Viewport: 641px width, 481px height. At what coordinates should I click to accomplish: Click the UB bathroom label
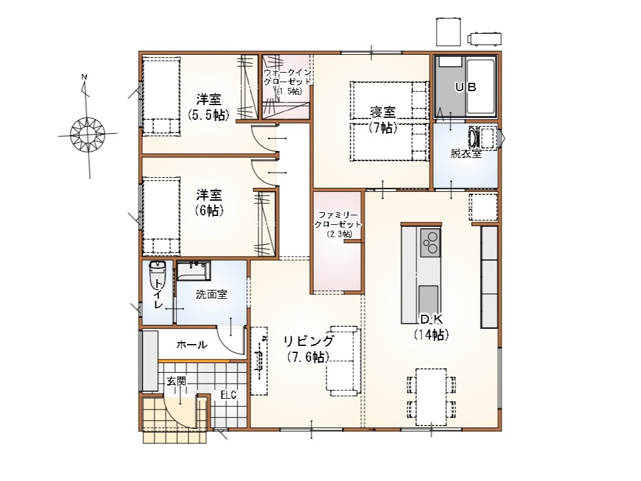point(465,87)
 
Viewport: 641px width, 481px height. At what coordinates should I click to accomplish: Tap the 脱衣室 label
point(466,154)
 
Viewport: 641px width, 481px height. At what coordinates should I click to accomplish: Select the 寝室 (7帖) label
point(383,119)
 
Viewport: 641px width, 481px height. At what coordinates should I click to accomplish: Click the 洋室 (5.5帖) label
point(209,107)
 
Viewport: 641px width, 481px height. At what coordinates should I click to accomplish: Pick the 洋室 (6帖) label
point(209,202)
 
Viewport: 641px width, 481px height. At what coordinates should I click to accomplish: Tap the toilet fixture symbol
point(157,270)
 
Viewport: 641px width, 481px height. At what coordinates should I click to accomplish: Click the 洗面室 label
point(211,294)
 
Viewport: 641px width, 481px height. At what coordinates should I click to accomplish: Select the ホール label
point(192,345)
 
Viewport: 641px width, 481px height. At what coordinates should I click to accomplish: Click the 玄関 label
point(176,381)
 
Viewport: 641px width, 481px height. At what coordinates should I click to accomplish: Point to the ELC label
point(229,395)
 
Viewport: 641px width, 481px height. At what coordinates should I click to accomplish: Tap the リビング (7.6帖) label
point(309,348)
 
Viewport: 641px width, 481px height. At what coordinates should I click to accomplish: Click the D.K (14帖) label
point(432,327)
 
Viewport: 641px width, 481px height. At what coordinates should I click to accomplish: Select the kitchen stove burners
point(430,242)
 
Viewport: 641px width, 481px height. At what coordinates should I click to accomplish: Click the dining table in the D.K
point(432,397)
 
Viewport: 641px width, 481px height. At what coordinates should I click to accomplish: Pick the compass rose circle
point(87,134)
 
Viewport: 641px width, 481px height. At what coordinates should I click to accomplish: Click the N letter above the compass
point(84,76)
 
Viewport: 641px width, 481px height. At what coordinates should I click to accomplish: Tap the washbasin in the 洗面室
point(194,271)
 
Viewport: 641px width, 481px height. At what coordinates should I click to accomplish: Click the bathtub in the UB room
point(481,87)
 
